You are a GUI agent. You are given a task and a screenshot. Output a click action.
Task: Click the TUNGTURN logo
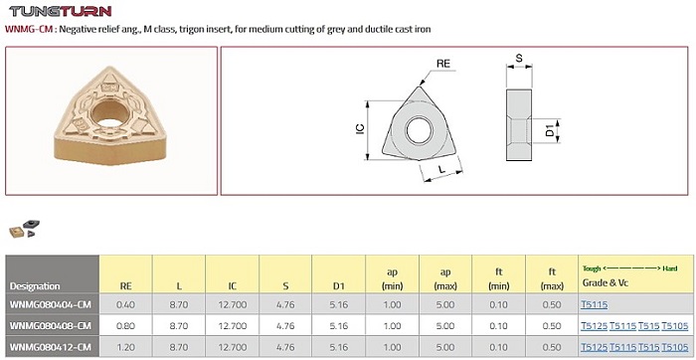(x=60, y=11)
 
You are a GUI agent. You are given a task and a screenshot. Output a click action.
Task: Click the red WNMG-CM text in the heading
(x=29, y=29)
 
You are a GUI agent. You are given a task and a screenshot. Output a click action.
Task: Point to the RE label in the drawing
(x=443, y=64)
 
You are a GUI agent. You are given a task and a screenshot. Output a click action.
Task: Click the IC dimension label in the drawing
(x=360, y=128)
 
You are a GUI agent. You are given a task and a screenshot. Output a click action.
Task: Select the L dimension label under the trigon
(x=441, y=169)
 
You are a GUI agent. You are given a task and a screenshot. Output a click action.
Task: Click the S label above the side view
(x=519, y=58)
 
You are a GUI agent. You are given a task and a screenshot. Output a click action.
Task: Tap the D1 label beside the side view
(x=550, y=130)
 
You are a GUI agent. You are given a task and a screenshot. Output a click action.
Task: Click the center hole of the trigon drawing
(x=419, y=129)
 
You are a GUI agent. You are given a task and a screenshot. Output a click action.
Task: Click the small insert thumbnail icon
(x=25, y=228)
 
